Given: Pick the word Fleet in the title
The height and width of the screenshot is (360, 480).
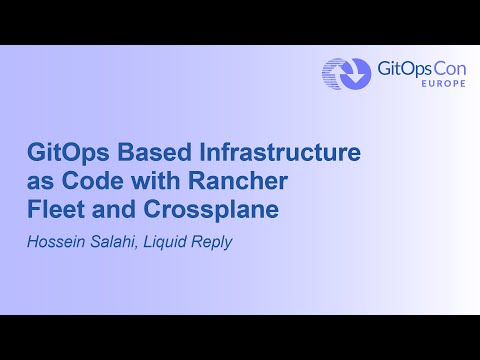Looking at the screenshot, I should click(55, 212).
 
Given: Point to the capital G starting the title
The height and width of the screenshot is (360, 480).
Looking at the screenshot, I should click(35, 154).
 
